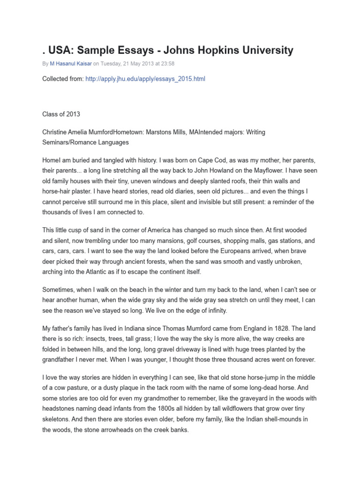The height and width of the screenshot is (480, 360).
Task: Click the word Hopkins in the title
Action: [210, 50]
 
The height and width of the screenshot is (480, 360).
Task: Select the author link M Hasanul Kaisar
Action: [73, 64]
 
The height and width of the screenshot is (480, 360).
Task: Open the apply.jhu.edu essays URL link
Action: [145, 79]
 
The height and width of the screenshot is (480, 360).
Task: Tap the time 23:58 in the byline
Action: [167, 64]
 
